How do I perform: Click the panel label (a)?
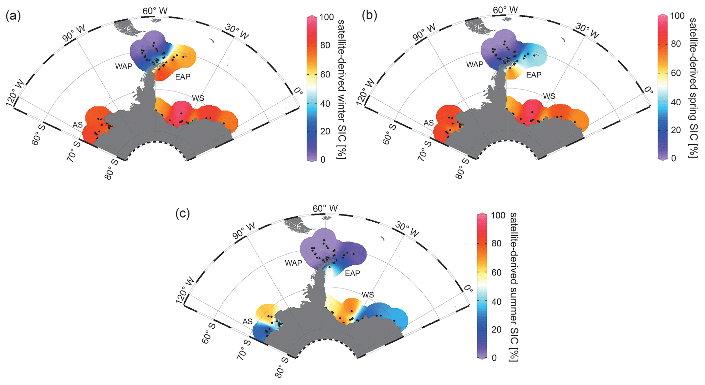point(13,16)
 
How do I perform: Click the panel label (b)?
point(369,16)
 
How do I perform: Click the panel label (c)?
point(182,214)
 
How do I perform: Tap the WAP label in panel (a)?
point(123,66)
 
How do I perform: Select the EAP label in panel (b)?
point(533,75)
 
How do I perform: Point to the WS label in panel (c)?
point(368,295)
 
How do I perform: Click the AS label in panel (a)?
point(77,125)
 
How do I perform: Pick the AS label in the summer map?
point(247,322)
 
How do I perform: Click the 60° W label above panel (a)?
point(155,11)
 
